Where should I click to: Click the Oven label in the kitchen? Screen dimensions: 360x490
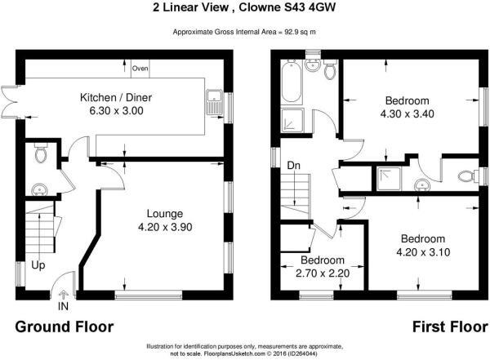click(140, 69)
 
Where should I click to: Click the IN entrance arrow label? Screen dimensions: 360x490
click(63, 308)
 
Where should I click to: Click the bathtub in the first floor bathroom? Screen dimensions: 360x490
click(292, 82)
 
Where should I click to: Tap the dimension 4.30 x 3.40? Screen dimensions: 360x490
click(409, 115)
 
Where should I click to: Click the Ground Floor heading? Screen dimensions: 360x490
click(65, 327)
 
